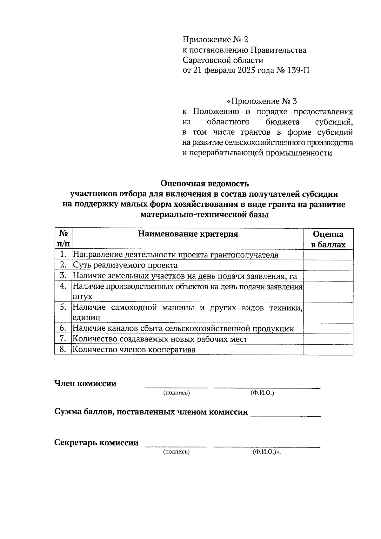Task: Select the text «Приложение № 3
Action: coord(262,101)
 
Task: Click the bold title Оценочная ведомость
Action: coord(204,184)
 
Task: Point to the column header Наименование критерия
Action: coord(188,234)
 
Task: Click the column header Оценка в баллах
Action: coord(328,239)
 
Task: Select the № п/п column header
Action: coord(63,239)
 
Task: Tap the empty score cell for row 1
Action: coord(328,255)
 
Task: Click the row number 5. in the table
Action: coord(63,307)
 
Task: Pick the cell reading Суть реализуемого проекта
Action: coord(125,265)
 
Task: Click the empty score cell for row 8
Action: coord(328,350)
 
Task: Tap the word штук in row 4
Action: coord(83,297)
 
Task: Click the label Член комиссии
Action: coord(85,383)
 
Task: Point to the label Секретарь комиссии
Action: coord(96,442)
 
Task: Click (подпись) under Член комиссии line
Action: coord(176,393)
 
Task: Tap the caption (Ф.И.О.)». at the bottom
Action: coord(267,452)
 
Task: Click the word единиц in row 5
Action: coord(86,318)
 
